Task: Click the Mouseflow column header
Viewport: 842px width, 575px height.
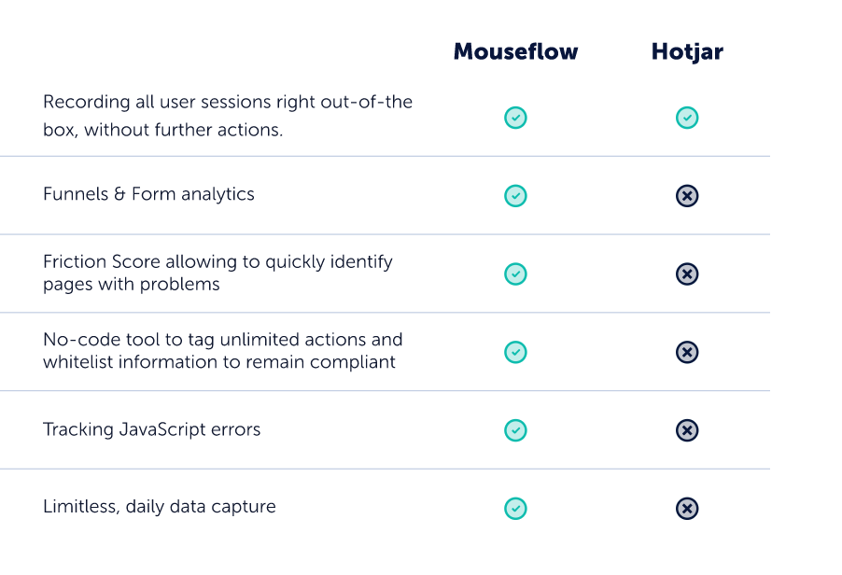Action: pos(515,51)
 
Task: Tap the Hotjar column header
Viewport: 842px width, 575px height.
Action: pos(687,52)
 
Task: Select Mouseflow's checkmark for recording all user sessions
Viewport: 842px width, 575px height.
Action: pos(515,118)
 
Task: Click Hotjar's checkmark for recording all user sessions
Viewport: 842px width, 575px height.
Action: pos(687,118)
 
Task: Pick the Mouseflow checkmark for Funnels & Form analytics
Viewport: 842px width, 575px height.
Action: pos(515,195)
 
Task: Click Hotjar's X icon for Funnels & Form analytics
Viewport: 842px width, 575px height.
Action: pos(687,195)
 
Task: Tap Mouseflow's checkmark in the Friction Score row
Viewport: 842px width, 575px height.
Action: pos(515,273)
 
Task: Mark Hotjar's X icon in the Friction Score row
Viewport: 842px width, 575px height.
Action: pos(687,273)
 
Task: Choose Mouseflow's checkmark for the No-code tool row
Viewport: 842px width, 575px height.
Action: pos(515,352)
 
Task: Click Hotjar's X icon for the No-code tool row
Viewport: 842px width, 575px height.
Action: pos(687,352)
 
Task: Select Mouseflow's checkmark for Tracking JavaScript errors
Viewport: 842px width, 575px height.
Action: pos(515,430)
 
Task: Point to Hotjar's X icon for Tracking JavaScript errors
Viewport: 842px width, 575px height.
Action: pos(687,430)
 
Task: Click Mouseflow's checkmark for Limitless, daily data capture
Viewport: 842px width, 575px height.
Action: pos(515,509)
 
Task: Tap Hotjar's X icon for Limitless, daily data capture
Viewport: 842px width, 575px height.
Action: pos(687,509)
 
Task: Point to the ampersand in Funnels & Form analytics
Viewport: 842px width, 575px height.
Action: pos(119,194)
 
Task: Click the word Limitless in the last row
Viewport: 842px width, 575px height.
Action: pos(81,507)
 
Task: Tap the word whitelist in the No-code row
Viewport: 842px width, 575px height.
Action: pos(77,362)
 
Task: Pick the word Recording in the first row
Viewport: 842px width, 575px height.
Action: pos(87,103)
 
